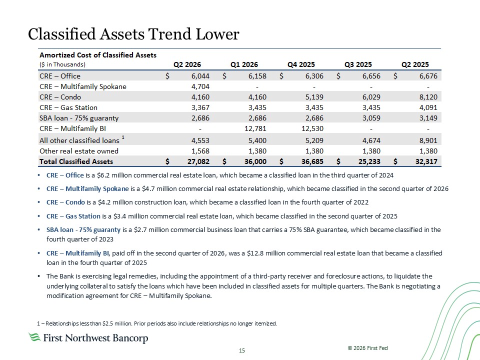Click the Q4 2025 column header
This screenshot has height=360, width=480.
tap(301, 64)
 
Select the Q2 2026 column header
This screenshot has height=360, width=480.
tap(187, 64)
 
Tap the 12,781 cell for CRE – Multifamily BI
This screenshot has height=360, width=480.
tap(255, 128)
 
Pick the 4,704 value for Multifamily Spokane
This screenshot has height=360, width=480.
tap(200, 86)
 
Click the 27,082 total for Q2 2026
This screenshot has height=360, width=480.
tap(198, 161)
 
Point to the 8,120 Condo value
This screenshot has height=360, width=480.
tap(428, 97)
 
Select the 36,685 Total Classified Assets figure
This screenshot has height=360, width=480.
tap(312, 161)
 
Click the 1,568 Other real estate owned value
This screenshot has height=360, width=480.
tap(200, 151)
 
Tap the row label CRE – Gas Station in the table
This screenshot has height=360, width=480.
tap(68, 107)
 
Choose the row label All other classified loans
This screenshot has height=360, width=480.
tap(79, 140)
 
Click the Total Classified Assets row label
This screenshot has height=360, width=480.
tap(76, 161)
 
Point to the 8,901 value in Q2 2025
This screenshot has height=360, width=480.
tap(428, 140)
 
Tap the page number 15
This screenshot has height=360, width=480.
tap(242, 350)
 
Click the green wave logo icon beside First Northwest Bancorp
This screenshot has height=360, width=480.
tap(34, 337)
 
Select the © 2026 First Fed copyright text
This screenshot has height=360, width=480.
tap(367, 348)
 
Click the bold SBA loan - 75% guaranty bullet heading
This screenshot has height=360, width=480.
tap(83, 229)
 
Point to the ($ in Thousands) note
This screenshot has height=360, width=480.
tap(62, 64)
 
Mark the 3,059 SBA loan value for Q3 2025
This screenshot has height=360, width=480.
tap(371, 118)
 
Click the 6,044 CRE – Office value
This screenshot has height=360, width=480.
tap(200, 76)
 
